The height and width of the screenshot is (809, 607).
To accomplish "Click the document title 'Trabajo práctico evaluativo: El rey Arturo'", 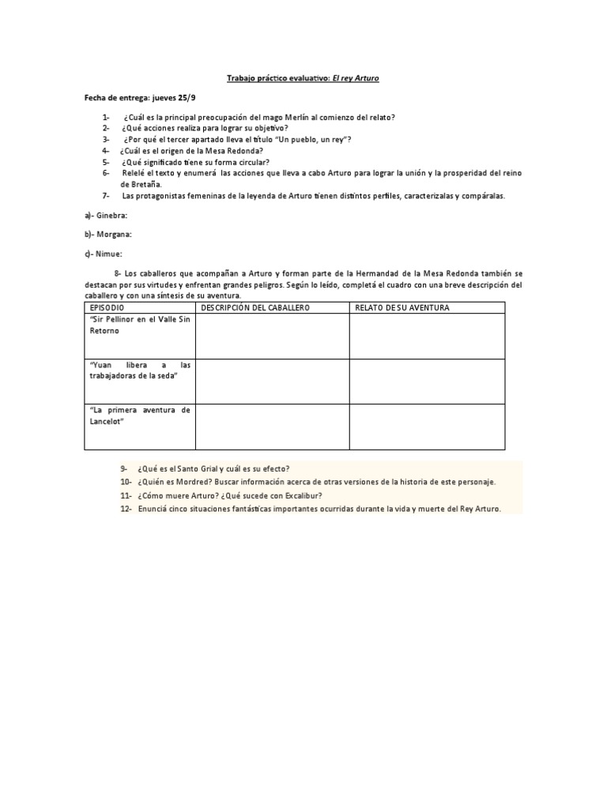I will (303, 80).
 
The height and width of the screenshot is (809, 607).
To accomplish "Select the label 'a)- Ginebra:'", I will (106, 215).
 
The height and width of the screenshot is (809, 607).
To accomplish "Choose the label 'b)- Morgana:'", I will (108, 234).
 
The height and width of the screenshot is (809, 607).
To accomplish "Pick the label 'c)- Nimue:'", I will (104, 253).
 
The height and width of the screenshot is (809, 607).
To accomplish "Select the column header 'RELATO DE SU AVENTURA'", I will (402, 307).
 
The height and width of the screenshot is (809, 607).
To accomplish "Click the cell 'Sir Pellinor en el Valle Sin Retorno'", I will (139, 324).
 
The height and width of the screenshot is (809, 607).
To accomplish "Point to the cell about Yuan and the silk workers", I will (139, 370).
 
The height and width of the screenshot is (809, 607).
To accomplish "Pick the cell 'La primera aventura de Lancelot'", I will (139, 416).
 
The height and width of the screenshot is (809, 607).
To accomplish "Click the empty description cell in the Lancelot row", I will (272, 427).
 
